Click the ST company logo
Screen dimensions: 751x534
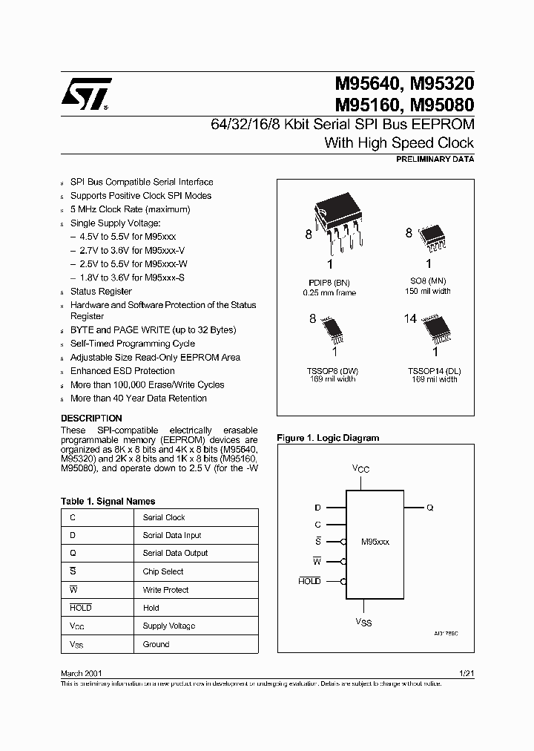pyautogui.click(x=86, y=94)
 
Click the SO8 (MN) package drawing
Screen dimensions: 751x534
pyautogui.click(x=432, y=235)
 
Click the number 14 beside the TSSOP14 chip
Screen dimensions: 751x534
pyautogui.click(x=410, y=319)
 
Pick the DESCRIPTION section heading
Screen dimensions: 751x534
pyautogui.click(x=91, y=419)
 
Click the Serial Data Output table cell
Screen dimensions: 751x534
pyautogui.click(x=175, y=554)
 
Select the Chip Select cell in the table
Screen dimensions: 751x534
pyautogui.click(x=163, y=572)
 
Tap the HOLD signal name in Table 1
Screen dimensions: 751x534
pyautogui.click(x=81, y=608)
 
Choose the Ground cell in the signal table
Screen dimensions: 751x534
pyautogui.click(x=156, y=644)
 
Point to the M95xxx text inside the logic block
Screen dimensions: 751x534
pyautogui.click(x=375, y=542)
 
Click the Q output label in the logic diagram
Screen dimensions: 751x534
pyautogui.click(x=430, y=508)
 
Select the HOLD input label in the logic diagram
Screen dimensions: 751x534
pyautogui.click(x=309, y=581)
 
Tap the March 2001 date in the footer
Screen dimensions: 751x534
pyautogui.click(x=81, y=673)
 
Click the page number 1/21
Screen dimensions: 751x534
pyautogui.click(x=466, y=673)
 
